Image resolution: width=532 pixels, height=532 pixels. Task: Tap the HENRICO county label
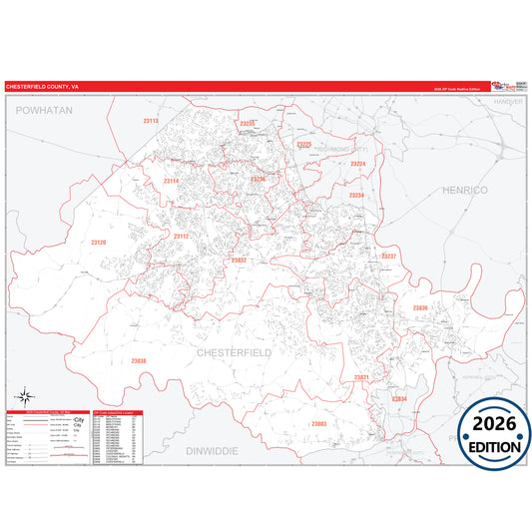click(464, 189)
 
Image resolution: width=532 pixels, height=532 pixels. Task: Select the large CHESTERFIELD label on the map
click(236, 352)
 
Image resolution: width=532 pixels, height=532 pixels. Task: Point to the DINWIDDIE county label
click(211, 451)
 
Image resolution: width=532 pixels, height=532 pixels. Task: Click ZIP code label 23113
click(151, 121)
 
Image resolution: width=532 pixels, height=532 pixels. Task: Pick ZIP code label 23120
click(98, 243)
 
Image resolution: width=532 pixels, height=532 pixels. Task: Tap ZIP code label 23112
click(181, 237)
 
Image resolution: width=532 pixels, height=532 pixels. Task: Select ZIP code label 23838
click(139, 360)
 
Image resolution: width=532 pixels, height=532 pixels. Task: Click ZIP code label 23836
click(420, 308)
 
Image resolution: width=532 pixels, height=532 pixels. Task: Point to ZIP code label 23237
click(389, 257)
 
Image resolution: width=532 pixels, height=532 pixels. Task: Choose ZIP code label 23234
click(356, 196)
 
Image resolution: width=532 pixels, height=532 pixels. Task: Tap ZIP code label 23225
click(304, 145)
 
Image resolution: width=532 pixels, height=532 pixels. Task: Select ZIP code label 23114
click(171, 181)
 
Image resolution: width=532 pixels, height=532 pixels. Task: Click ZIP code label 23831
click(362, 376)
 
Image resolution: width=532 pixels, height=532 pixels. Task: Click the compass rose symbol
click(28, 396)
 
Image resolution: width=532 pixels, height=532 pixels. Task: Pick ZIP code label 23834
click(399, 398)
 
